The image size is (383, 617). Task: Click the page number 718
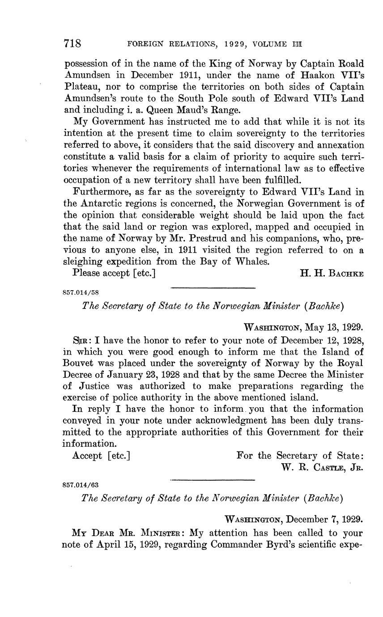pyautogui.click(x=72, y=43)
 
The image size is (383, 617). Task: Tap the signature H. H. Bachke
pyautogui.click(x=332, y=273)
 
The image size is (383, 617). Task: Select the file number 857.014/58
pyautogui.click(x=81, y=293)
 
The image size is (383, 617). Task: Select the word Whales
pyautogui.click(x=252, y=262)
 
